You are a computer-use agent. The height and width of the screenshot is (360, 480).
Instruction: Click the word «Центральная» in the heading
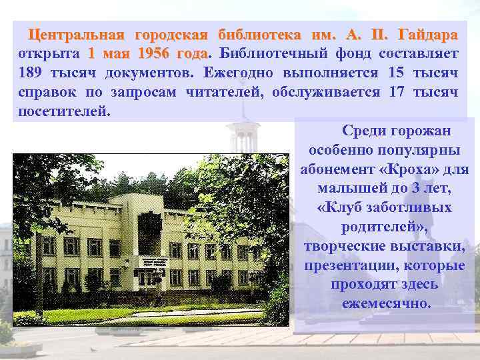tap(81, 34)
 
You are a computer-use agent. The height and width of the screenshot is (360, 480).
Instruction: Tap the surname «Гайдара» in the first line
tap(427, 34)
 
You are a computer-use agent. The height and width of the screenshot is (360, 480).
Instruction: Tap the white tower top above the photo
tap(243, 137)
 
